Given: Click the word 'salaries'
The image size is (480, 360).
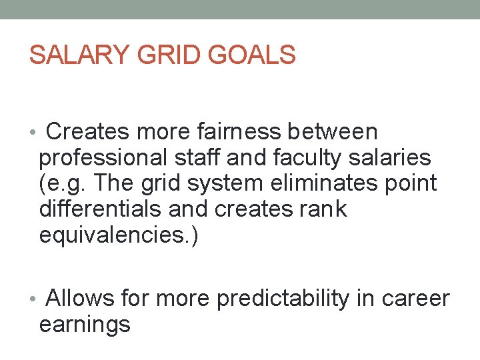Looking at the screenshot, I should (397, 158).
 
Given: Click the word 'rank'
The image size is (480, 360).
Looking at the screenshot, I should (323, 209).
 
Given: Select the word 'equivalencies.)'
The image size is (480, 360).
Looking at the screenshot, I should (119, 235).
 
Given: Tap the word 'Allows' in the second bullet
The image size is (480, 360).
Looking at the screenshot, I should (80, 299).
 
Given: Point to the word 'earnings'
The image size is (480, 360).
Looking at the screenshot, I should (85, 325).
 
